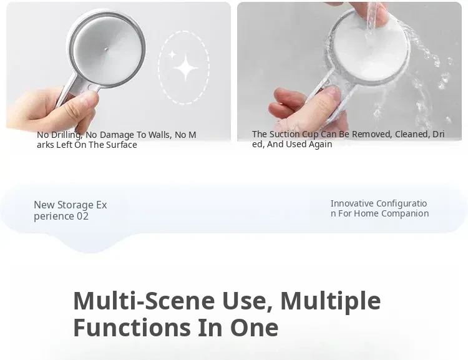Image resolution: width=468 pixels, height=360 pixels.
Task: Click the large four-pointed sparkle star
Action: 185,69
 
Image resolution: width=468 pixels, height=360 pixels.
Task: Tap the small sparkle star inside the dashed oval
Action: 172,55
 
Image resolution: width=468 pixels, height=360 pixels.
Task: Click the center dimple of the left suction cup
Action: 106,49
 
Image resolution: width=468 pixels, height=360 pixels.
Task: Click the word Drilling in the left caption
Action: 66,135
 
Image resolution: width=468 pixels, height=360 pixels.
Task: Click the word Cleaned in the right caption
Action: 412,135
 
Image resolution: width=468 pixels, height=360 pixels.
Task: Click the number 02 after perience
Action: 82,216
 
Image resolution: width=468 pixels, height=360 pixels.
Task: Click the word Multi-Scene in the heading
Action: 144,301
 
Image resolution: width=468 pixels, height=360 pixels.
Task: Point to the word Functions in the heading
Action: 132,328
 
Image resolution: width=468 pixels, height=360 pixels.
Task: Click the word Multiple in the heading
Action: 330,301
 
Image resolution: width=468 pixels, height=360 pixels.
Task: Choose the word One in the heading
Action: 254,328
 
